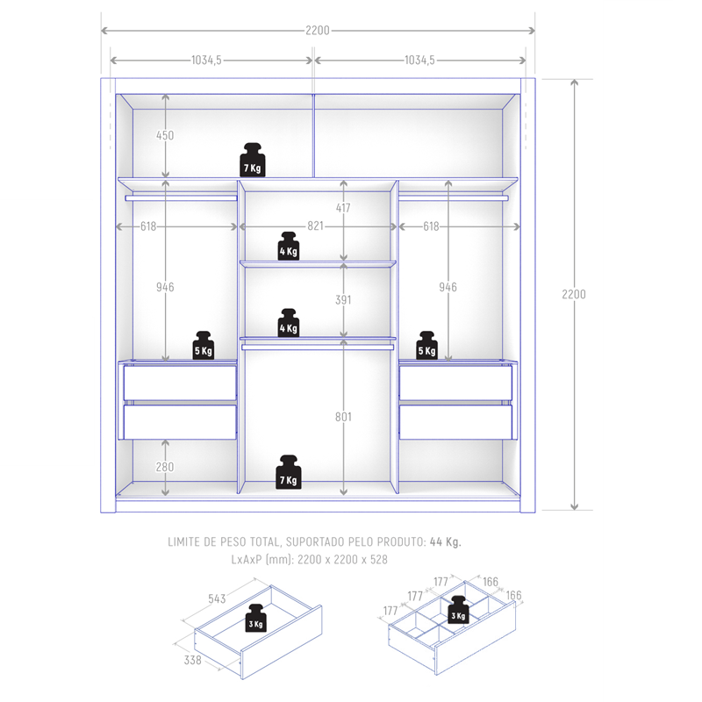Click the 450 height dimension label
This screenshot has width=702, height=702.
tap(165, 135)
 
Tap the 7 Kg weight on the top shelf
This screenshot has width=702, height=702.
tap(253, 160)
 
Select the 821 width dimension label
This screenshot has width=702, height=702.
tap(315, 226)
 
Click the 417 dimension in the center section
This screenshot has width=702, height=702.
tap(343, 208)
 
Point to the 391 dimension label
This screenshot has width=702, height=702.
tap(343, 300)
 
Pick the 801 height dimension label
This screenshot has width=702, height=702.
tap(343, 417)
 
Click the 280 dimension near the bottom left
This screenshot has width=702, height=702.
tap(165, 467)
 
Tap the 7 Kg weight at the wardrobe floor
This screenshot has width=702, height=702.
tap(289, 472)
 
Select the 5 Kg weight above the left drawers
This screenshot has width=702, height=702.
tap(204, 345)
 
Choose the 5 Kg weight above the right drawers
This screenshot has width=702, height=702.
tap(426, 345)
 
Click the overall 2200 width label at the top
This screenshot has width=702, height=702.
tap(318, 31)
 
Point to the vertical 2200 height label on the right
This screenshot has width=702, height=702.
tap(574, 294)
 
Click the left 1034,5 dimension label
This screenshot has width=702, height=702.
tap(206, 60)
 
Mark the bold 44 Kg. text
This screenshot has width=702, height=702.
tap(446, 541)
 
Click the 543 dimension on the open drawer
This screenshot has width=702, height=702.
tap(217, 598)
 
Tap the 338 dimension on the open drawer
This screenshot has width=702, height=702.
tap(192, 660)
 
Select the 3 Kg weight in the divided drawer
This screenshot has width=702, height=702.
tap(458, 610)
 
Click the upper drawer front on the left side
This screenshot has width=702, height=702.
tap(180, 383)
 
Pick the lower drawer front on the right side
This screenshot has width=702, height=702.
tap(455, 422)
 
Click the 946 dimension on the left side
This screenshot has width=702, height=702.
tap(165, 287)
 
